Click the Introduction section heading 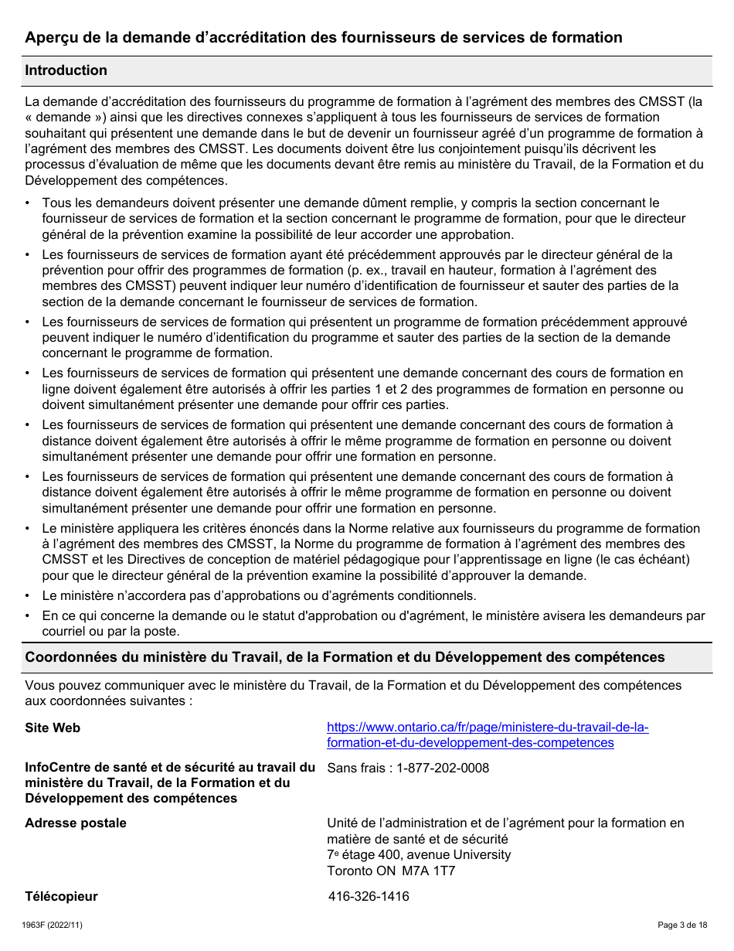pyautogui.click(x=66, y=70)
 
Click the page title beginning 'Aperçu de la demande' pyautogui.click(x=323, y=37)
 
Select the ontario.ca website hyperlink pyautogui.click(x=487, y=735)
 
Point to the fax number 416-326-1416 pyautogui.click(x=369, y=896)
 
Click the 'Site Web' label pyautogui.click(x=53, y=728)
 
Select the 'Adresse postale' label pyautogui.click(x=76, y=823)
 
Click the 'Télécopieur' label pyautogui.click(x=61, y=896)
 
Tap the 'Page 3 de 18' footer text pyautogui.click(x=681, y=925)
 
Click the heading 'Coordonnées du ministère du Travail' pyautogui.click(x=345, y=657)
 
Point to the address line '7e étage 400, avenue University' pyautogui.click(x=419, y=854)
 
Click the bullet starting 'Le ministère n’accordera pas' pyautogui.click(x=259, y=595)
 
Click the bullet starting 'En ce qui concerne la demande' pyautogui.click(x=372, y=623)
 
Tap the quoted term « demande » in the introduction pyautogui.click(x=65, y=117)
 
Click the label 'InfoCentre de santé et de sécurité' pyautogui.click(x=170, y=782)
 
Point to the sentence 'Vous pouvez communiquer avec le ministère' pyautogui.click(x=352, y=693)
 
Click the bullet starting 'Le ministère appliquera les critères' pyautogui.click(x=371, y=552)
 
